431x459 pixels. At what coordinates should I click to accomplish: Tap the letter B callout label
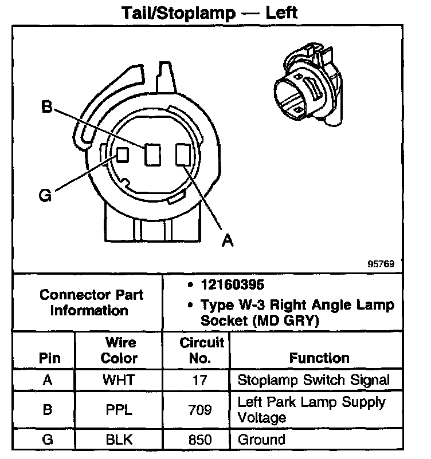(48, 106)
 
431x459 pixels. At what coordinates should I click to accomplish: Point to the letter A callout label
(228, 241)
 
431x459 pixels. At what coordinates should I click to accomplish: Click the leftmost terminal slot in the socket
(123, 154)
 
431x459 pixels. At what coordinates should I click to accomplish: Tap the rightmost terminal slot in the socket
(183, 155)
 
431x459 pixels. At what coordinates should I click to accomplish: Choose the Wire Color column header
(119, 350)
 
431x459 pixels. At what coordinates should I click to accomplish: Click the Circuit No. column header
(201, 350)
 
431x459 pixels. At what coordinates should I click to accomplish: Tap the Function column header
(319, 358)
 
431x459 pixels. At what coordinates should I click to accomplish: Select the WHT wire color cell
(119, 380)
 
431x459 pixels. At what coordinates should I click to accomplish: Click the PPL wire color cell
(119, 410)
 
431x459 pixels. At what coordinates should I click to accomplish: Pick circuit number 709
(201, 410)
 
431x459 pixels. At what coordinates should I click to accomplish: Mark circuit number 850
(201, 440)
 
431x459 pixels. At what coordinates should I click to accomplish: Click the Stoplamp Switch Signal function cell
(314, 380)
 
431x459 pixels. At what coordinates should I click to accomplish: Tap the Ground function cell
(261, 440)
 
